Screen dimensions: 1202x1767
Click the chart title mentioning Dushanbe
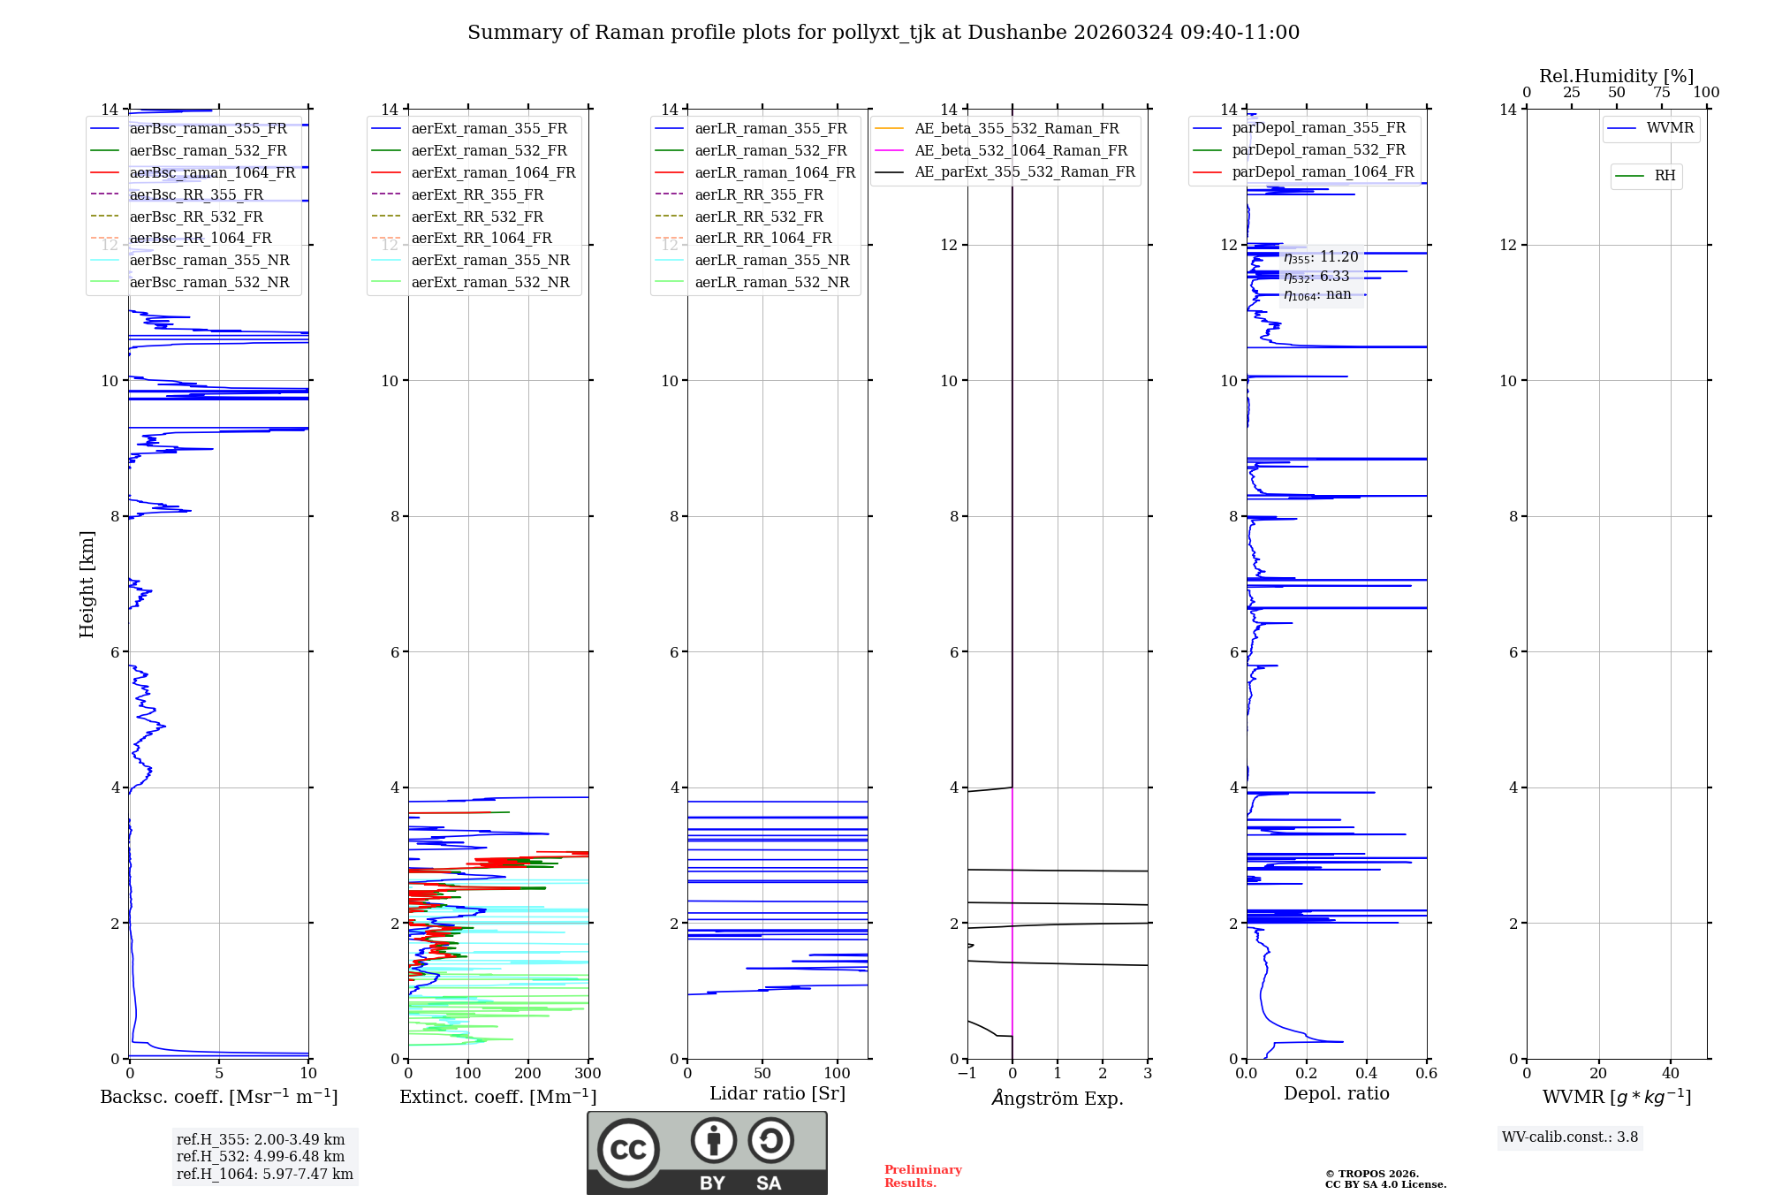883,33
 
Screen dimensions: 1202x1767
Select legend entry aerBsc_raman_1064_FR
212,172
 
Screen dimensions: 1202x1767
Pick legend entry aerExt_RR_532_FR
477,217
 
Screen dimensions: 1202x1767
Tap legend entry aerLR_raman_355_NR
771,260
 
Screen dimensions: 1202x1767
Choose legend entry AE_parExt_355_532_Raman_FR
1024,171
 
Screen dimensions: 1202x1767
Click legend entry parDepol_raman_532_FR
1318,149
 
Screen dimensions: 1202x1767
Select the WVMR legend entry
1670,128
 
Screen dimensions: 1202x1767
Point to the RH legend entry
1665,176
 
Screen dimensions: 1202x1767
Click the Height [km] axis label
87,583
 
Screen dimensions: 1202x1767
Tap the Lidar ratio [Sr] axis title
777,1093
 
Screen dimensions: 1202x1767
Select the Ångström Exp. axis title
1058,1098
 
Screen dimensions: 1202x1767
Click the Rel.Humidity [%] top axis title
1616,76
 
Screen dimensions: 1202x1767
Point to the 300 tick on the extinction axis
588,1073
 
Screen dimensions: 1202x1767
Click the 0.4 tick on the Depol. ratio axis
1366,1073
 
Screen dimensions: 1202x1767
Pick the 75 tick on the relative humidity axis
1661,92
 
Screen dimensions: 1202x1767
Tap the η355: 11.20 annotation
1321,257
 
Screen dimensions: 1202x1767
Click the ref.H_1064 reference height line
264,1174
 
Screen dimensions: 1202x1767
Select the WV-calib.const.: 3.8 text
1569,1137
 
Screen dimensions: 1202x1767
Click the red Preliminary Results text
922,1175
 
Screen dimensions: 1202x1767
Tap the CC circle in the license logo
628,1149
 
